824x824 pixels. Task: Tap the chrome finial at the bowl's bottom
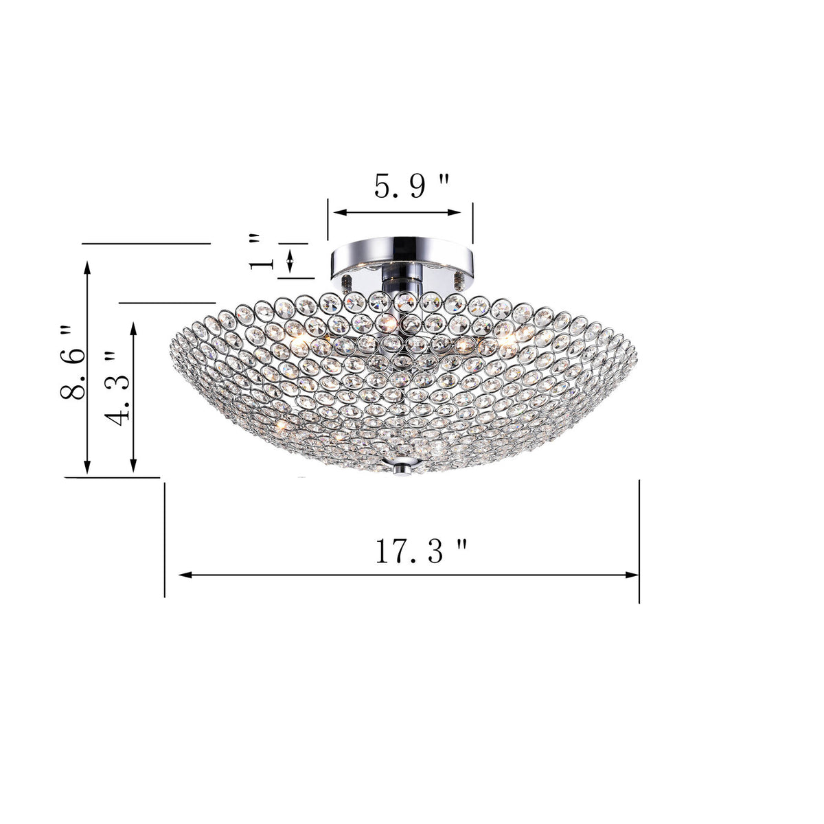click(x=402, y=467)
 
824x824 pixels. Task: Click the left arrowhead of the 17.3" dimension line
click(x=184, y=575)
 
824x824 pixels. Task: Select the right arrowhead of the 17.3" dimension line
click(x=633, y=575)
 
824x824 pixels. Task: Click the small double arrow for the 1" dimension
click(x=290, y=261)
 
